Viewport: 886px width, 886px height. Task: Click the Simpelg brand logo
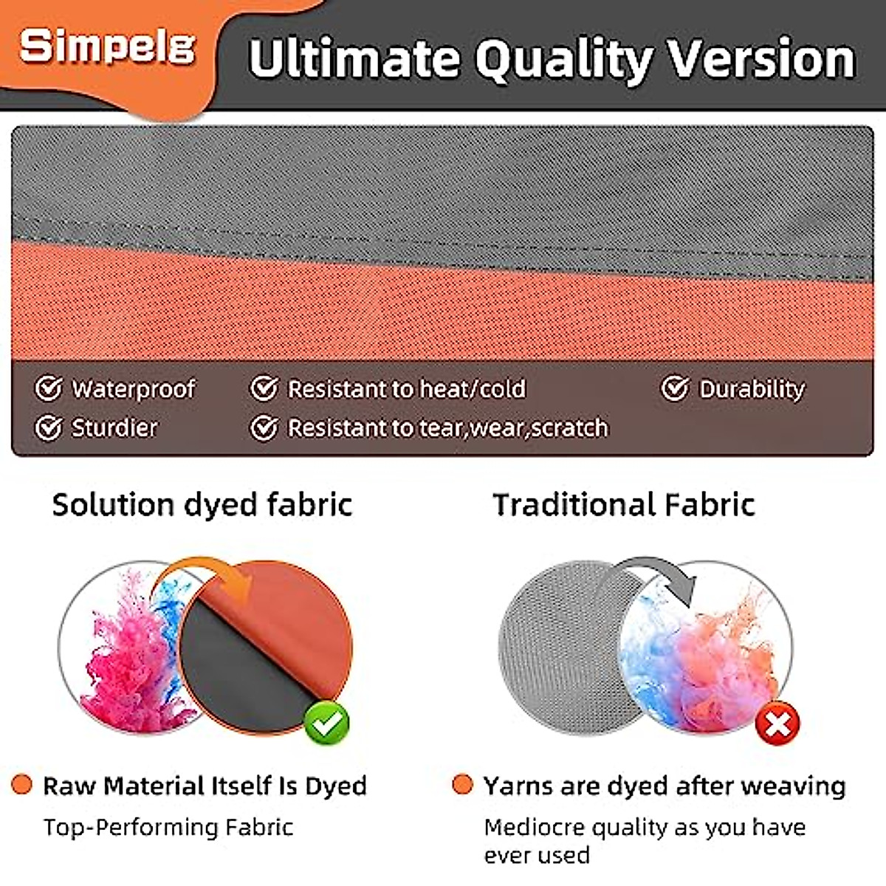(108, 47)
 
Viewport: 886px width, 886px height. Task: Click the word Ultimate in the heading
(353, 58)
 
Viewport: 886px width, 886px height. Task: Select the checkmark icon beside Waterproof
(49, 388)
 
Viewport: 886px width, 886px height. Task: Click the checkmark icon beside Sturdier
(49, 427)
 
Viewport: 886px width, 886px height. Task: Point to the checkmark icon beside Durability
(675, 388)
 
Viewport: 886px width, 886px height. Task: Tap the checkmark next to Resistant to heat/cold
(264, 388)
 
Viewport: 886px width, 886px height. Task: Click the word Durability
(752, 389)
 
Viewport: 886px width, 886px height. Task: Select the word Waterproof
(134, 389)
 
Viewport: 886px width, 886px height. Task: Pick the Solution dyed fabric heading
(202, 505)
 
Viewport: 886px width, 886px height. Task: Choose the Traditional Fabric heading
(624, 505)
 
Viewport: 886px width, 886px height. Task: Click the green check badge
(326, 723)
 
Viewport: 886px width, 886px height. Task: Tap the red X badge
(777, 724)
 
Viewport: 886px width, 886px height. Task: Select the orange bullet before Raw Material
(22, 785)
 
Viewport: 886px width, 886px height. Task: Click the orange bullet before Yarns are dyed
(462, 785)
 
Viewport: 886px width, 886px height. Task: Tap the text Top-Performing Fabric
(168, 827)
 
